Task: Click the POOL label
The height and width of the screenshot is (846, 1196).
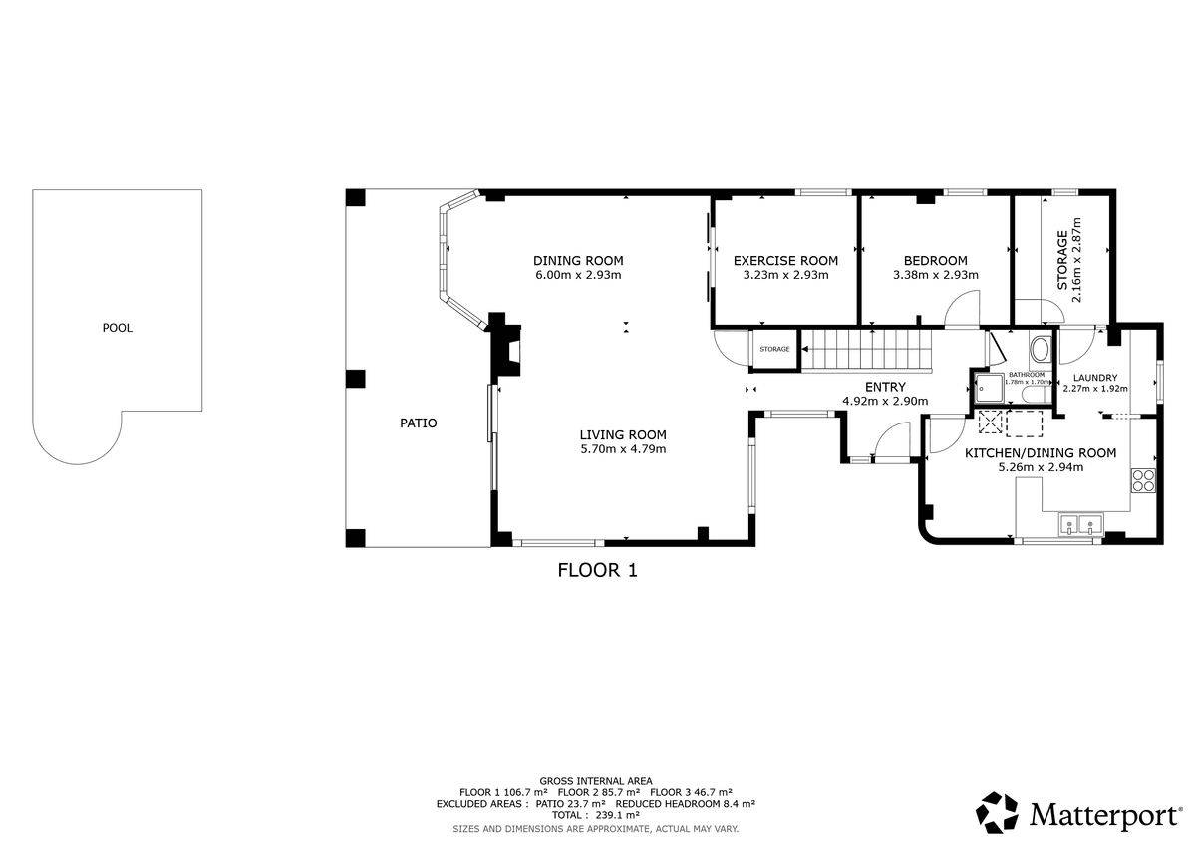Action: coord(118,328)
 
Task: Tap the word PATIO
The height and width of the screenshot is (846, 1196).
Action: coord(418,423)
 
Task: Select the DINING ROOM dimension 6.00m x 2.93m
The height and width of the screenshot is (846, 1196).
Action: coord(578,275)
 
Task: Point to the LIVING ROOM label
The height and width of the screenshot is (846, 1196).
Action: coord(623,435)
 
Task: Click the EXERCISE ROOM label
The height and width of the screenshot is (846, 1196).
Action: coord(785,261)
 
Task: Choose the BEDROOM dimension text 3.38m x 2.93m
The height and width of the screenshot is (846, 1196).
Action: coord(936,275)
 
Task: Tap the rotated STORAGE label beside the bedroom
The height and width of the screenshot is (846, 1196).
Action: coord(1062,260)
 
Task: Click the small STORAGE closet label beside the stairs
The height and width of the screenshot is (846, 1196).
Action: coord(774,349)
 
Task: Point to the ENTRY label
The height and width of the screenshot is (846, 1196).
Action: coord(885,387)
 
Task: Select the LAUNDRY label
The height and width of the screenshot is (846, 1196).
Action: coord(1095,378)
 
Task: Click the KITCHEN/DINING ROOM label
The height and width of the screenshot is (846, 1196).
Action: coord(1041,453)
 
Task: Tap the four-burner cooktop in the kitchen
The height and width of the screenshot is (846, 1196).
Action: coord(1143,480)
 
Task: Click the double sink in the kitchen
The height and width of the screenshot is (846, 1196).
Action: coord(1081,524)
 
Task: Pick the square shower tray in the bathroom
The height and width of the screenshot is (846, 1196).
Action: coord(989,387)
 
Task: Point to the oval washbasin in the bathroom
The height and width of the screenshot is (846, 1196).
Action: coord(1040,350)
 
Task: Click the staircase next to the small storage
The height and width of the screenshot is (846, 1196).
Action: coord(866,349)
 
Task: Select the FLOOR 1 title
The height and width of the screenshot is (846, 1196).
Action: coord(597,571)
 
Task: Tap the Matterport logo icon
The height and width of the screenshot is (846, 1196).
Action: coord(997,813)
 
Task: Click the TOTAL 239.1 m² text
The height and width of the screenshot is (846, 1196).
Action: coord(595,815)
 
